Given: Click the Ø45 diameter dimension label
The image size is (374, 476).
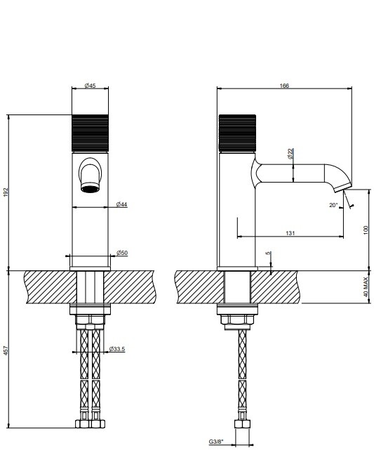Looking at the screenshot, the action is [90, 86].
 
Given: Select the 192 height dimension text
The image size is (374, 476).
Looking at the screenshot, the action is [6, 192].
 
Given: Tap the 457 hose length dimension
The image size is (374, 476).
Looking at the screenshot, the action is [6, 350].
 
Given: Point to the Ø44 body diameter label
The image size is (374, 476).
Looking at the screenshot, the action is [121, 204].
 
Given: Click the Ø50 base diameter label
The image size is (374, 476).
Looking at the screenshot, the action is [122, 253].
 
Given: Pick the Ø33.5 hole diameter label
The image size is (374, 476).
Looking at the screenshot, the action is [117, 349].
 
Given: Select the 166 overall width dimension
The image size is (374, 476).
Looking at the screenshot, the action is [284, 86].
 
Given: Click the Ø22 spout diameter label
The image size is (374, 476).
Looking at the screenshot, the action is [290, 154].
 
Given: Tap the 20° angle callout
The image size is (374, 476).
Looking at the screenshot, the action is [333, 205].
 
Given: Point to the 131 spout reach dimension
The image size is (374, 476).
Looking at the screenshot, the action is [290, 233].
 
